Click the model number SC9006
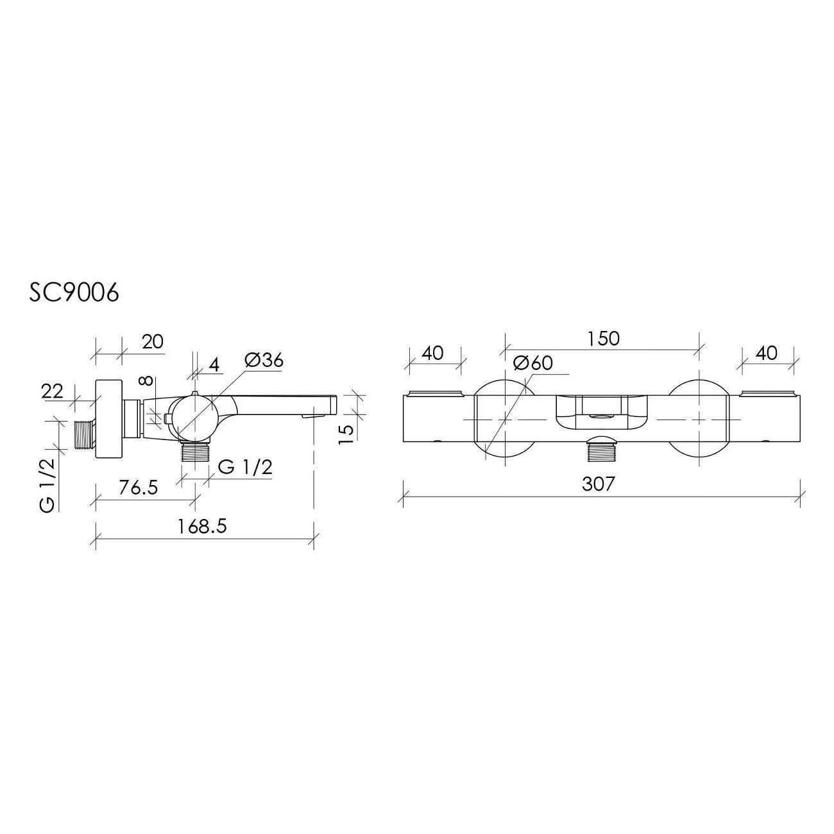pos(74,293)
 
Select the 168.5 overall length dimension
pos(203,526)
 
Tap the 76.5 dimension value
pos(139,488)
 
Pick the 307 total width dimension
pos(598,484)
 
